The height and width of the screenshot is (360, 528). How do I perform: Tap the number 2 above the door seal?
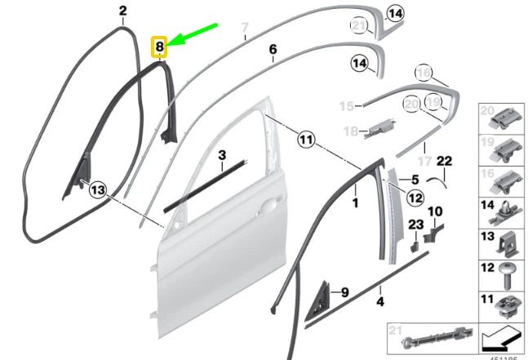pyautogui.click(x=123, y=11)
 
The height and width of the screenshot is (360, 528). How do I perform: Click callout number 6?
pyautogui.click(x=273, y=50)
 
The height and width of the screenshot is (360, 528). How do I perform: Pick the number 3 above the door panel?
pyautogui.click(x=220, y=153)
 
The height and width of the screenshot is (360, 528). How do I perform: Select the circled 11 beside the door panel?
pyautogui.click(x=305, y=140)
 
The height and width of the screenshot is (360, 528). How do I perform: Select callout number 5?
pyautogui.click(x=414, y=179)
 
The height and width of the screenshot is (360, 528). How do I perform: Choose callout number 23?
pyautogui.click(x=415, y=224)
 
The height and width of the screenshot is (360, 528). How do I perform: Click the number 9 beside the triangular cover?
pyautogui.click(x=344, y=291)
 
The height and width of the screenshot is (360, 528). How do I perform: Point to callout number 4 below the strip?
pyautogui.click(x=379, y=301)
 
